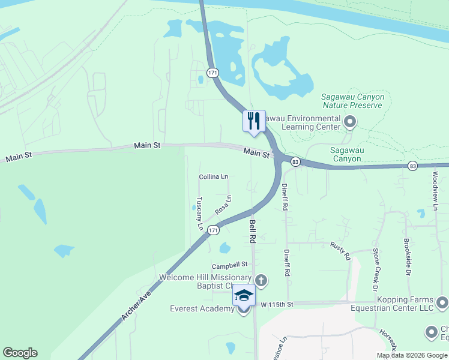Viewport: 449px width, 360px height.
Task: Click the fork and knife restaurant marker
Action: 253,121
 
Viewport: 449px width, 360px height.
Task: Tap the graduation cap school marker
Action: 244,295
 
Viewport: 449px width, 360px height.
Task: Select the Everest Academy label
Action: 202,308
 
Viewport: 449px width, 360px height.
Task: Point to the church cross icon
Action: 261,280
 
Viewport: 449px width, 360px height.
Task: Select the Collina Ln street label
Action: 214,176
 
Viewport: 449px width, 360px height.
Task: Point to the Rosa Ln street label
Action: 223,205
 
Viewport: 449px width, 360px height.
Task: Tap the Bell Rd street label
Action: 253,230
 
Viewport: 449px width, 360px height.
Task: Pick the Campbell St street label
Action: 229,265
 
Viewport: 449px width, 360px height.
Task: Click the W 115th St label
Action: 277,305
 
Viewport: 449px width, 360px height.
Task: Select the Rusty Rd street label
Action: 340,251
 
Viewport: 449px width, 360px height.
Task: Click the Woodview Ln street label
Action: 436,190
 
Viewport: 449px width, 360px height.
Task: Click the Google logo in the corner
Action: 20,353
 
